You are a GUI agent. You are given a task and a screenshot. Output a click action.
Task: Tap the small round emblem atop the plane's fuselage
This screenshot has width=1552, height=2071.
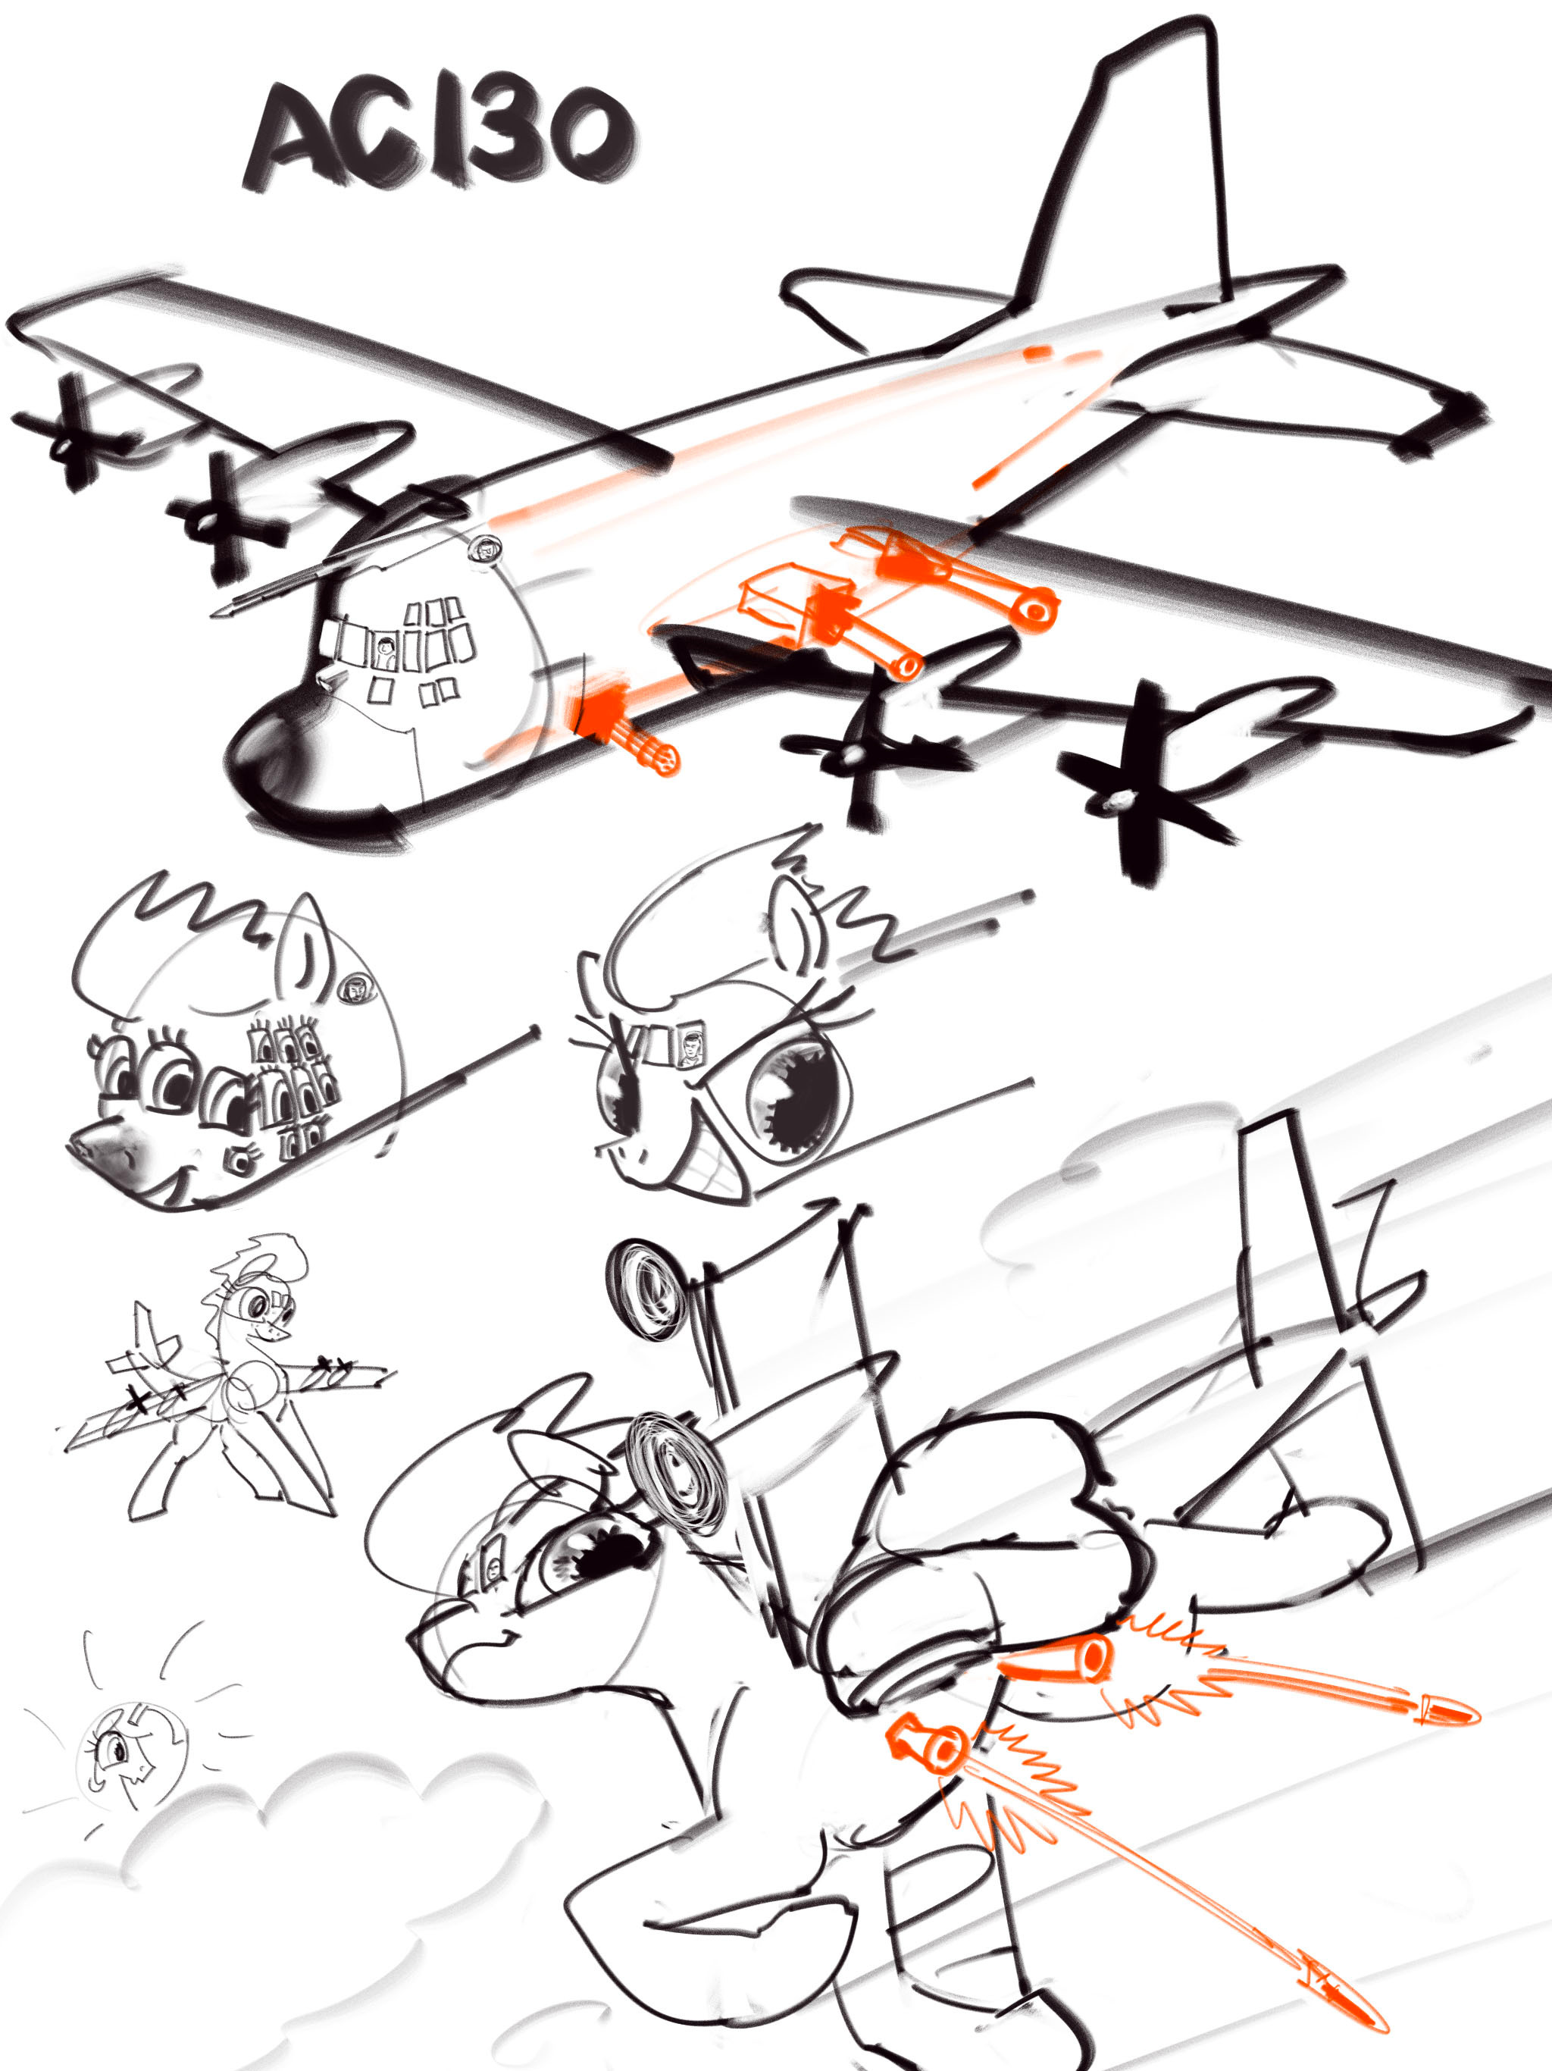pyautogui.click(x=485, y=549)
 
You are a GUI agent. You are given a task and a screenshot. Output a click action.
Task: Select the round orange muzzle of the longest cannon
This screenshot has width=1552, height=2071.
pyautogui.click(x=1035, y=608)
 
